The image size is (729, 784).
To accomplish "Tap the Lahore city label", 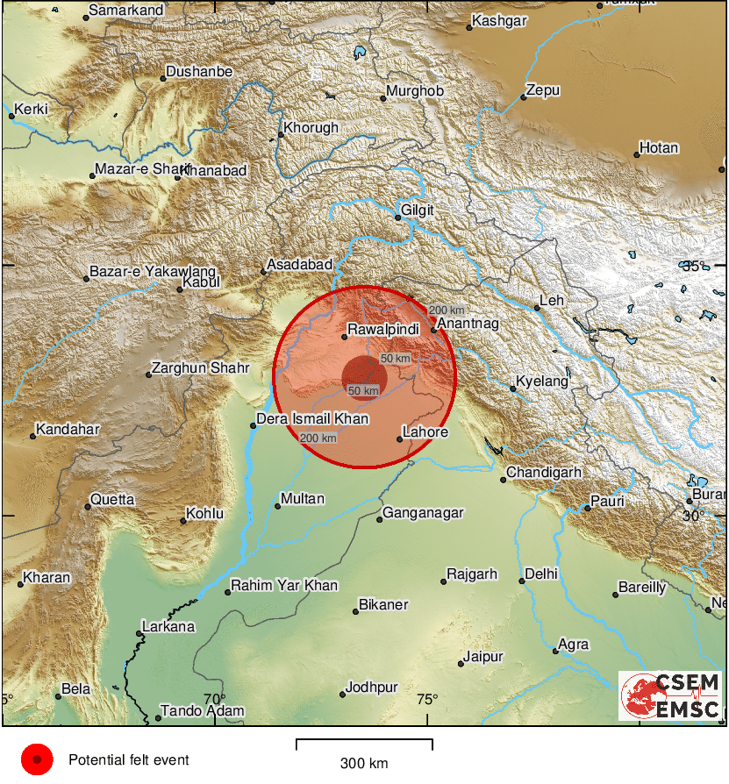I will [x=425, y=432].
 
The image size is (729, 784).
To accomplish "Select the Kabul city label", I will [x=202, y=282].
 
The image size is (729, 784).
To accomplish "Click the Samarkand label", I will [x=129, y=10].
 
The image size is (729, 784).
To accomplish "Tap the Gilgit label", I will [x=418, y=210].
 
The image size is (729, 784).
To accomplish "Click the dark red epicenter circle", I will [x=364, y=378].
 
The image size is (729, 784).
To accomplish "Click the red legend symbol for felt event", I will [x=37, y=759].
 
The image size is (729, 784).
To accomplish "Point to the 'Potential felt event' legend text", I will [x=129, y=760].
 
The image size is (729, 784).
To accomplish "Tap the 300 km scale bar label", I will [x=364, y=764].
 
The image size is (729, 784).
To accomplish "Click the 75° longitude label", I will [x=427, y=699].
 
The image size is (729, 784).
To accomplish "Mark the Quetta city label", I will [x=113, y=500].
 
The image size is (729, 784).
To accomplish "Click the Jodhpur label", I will [x=372, y=687].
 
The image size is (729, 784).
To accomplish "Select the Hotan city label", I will [x=659, y=148].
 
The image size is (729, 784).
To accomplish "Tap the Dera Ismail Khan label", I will [x=312, y=419].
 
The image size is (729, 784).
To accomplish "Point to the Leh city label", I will [x=552, y=301].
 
